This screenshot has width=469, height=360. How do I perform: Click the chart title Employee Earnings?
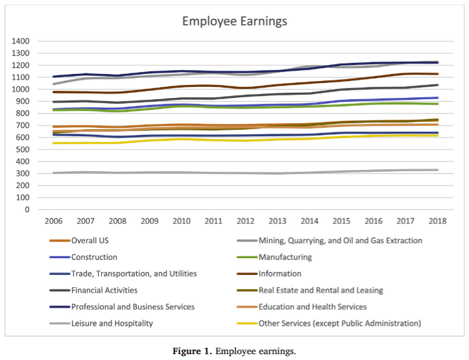click(234, 21)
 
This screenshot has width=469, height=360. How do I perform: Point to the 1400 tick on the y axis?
click(20, 41)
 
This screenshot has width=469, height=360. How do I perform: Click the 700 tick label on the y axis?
click(23, 125)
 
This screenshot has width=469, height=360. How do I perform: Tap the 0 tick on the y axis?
click(27, 210)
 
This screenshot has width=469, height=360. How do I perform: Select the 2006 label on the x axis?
click(53, 221)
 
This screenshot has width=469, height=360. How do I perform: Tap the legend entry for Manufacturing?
click(285, 257)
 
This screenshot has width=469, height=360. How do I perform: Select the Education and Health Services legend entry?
click(313, 307)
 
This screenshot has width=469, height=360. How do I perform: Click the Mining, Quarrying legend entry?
click(340, 240)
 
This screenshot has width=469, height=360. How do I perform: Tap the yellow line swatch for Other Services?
click(243, 324)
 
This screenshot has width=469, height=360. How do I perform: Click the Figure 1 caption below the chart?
click(234, 351)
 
